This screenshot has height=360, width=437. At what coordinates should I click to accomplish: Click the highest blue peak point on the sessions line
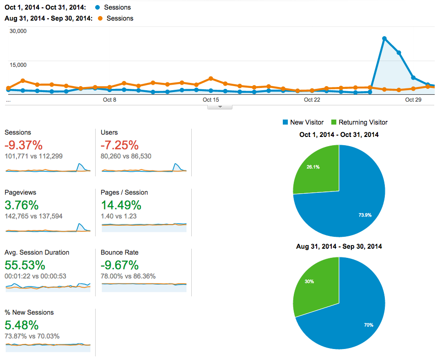tap(384, 38)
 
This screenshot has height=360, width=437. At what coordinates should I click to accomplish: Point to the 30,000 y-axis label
tap(18, 31)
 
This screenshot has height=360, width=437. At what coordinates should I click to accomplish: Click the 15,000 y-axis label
tap(18, 65)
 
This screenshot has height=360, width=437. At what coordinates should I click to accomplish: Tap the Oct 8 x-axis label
tap(109, 99)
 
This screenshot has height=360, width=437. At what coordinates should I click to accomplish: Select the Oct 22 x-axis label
tap(312, 99)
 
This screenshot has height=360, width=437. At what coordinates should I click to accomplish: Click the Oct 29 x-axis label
tap(413, 99)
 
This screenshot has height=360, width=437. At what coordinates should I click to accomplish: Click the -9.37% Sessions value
tap(23, 145)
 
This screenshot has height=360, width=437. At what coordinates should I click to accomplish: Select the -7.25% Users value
tap(119, 145)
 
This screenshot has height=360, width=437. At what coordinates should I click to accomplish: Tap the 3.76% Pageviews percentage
tap(22, 205)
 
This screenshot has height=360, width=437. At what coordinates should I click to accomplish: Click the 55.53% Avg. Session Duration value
tap(25, 265)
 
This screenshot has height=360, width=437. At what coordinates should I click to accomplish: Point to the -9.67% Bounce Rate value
tap(119, 265)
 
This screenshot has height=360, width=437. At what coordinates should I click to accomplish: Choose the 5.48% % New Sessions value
tap(22, 325)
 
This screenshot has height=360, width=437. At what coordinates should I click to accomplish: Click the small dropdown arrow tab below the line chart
tap(220, 107)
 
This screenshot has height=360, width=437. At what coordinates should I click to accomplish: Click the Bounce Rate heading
tap(119, 252)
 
